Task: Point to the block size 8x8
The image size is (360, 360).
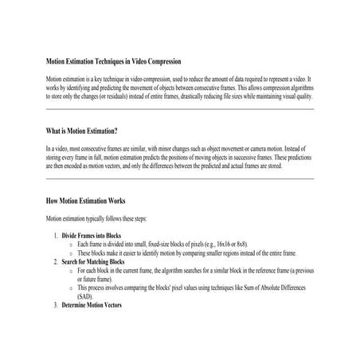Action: (x=241, y=244)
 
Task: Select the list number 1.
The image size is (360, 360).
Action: (x=56, y=236)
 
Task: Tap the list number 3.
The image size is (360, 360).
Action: (x=56, y=306)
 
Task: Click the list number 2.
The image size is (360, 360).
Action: (x=56, y=261)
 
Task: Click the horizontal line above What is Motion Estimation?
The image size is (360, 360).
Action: (x=180, y=108)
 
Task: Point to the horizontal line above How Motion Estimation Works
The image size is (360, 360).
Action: (x=180, y=178)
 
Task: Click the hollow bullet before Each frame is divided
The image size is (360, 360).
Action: (x=72, y=244)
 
